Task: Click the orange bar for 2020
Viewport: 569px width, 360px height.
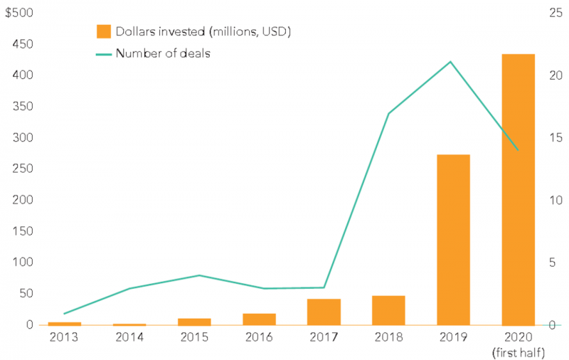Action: click(x=518, y=189)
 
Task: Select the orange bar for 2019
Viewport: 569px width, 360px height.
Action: click(x=453, y=240)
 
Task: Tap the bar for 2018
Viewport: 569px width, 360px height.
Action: click(x=388, y=310)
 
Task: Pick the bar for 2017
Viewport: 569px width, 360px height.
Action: click(x=324, y=312)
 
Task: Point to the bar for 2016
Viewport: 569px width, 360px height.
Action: click(x=259, y=319)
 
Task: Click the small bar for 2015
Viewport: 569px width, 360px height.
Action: click(x=194, y=322)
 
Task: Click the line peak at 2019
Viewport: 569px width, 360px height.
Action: click(x=450, y=62)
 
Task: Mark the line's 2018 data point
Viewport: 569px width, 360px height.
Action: click(x=388, y=114)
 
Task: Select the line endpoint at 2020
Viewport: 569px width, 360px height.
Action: click(x=518, y=150)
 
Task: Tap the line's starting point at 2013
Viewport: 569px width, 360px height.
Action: click(x=65, y=313)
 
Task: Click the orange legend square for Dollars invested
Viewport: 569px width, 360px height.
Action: click(x=104, y=31)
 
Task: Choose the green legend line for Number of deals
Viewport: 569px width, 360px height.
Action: click(x=104, y=53)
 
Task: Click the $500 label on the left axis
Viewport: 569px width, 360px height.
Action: click(x=18, y=12)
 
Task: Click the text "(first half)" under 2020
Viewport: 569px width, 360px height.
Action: click(x=518, y=351)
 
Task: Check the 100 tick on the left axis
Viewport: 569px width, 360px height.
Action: click(x=24, y=263)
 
